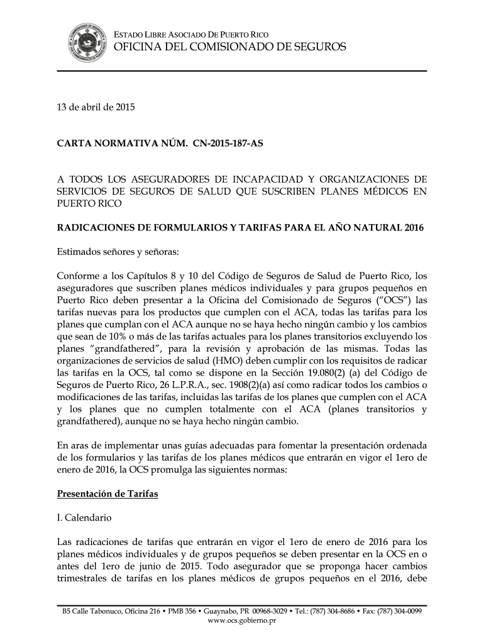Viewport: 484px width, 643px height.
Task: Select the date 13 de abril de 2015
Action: point(96,107)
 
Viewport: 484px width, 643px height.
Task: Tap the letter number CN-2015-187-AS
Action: point(223,144)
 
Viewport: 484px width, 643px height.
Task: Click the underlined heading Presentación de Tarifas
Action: point(107,494)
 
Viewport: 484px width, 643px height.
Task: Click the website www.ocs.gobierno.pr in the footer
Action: point(242,621)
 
